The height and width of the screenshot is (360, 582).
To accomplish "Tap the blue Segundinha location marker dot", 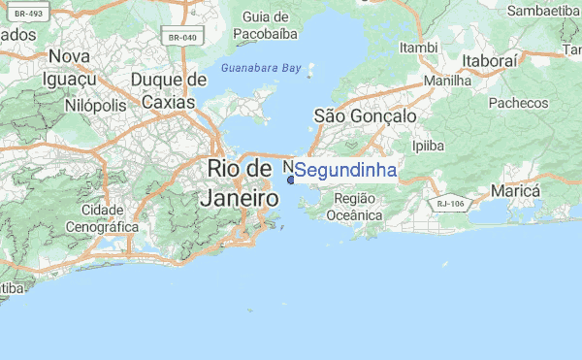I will pos(290,179).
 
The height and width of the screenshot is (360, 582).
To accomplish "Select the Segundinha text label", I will pos(346,171).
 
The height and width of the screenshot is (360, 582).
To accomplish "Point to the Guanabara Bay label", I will pos(262,70).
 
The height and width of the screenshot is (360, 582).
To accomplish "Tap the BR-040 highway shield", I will pos(183,38).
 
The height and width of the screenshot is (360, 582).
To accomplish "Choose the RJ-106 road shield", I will pos(450,203).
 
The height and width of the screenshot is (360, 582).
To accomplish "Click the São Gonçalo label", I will pos(366,115).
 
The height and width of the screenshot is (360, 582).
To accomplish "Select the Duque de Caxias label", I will pos(170,89).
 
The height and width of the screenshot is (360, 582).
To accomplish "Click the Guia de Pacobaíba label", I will pos(266,25).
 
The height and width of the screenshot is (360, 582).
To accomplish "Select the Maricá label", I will pos(514,191).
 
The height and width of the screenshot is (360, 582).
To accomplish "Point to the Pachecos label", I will pos(518,103).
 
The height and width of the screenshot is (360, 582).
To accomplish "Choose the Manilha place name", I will pos(448,82).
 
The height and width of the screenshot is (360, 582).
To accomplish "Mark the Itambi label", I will pos(419,47).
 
